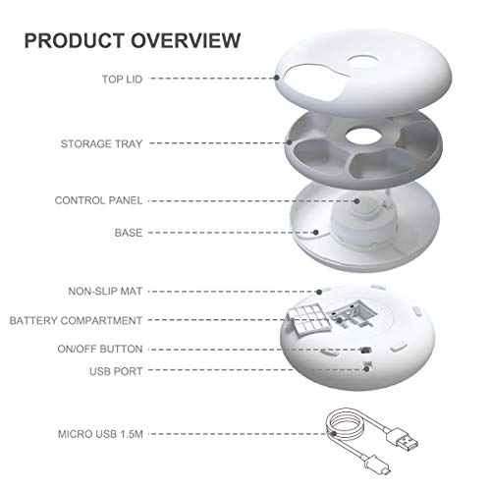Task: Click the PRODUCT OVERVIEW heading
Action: coord(132,40)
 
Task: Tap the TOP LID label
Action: coord(120,77)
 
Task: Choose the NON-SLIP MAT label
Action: coord(105,292)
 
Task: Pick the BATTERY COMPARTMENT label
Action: coord(76,320)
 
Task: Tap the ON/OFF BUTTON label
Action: coord(99,349)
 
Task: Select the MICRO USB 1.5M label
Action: coord(96,433)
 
